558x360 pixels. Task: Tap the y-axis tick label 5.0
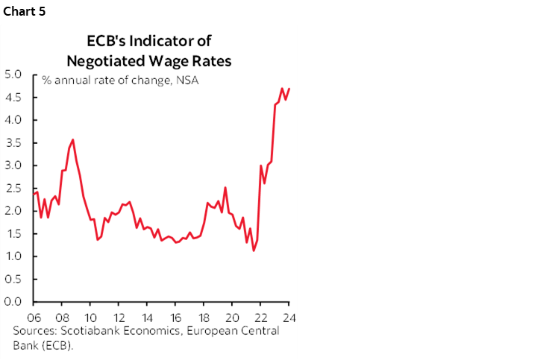pos(13,74)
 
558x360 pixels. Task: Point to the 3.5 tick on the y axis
pos(13,142)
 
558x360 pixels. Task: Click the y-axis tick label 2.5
pos(13,188)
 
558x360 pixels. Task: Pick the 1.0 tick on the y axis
pos(13,256)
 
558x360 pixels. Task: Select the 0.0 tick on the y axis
pos(13,302)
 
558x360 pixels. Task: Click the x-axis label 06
pos(33,315)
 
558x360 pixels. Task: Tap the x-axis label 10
pos(90,315)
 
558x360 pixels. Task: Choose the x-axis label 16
pos(175,315)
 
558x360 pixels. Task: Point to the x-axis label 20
pos(232,315)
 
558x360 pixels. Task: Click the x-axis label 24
pos(289,315)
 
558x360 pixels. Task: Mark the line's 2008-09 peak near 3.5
pos(72,139)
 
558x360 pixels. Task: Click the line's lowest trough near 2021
pos(254,250)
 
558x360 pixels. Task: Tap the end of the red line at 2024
pos(289,89)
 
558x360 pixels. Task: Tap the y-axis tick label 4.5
pos(13,97)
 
